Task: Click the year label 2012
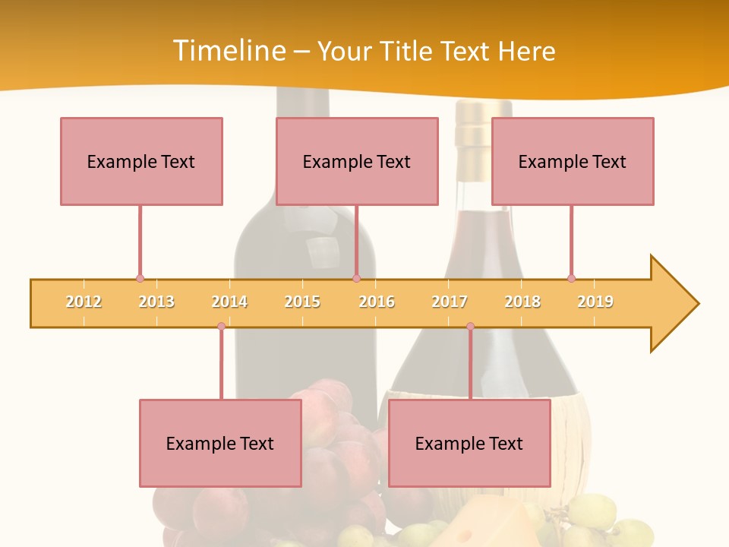pyautogui.click(x=84, y=302)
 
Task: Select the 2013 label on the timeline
pyautogui.click(x=156, y=302)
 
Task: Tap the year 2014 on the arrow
pyautogui.click(x=229, y=302)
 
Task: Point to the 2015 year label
pyautogui.click(x=302, y=302)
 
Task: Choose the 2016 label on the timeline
pyautogui.click(x=377, y=302)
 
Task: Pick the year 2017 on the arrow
pyautogui.click(x=450, y=302)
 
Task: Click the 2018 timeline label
pyautogui.click(x=522, y=302)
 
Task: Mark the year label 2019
pyautogui.click(x=595, y=302)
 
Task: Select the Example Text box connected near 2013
pyautogui.click(x=141, y=161)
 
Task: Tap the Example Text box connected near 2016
pyautogui.click(x=357, y=161)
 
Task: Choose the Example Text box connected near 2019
pyautogui.click(x=573, y=161)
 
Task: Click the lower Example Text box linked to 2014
pyautogui.click(x=220, y=443)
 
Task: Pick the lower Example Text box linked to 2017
pyautogui.click(x=469, y=443)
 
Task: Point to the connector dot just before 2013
pyautogui.click(x=140, y=278)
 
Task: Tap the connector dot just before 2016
pyautogui.click(x=356, y=278)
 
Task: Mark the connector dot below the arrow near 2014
pyautogui.click(x=221, y=327)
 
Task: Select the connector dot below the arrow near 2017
pyautogui.click(x=470, y=327)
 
